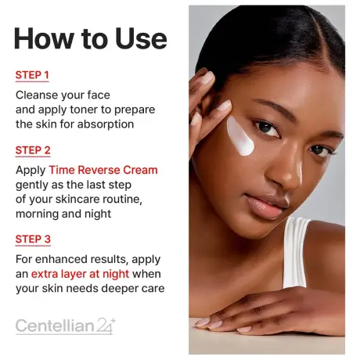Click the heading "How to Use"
click(91, 38)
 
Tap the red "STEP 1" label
click(32, 75)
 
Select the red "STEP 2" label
click(33, 149)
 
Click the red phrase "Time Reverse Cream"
click(103, 170)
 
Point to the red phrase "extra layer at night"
click(80, 274)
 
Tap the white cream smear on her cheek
click(243, 137)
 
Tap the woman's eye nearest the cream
click(266, 126)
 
